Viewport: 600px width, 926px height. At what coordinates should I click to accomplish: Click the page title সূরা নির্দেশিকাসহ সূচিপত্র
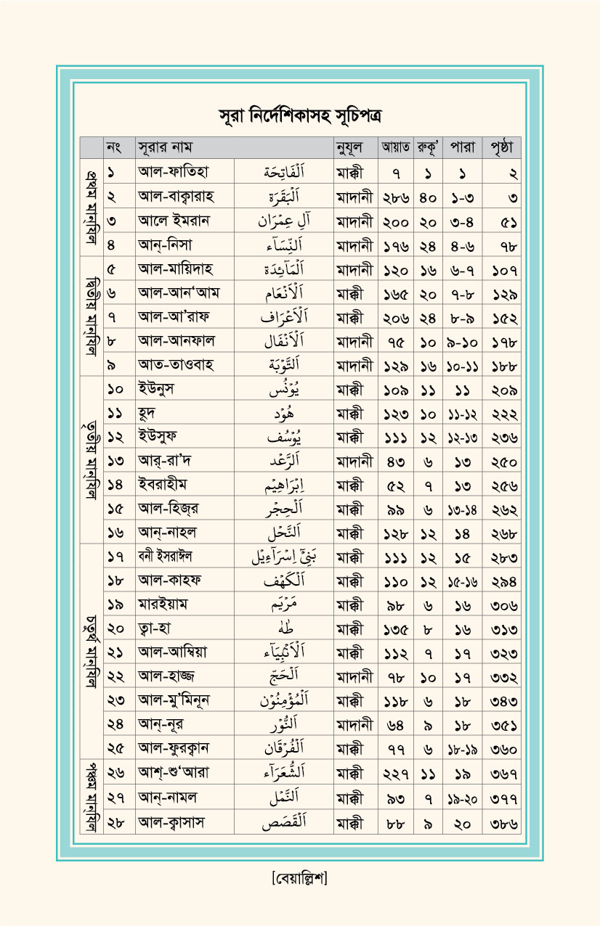pyautogui.click(x=300, y=115)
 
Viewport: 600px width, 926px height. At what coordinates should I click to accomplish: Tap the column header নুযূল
pyautogui.click(x=350, y=147)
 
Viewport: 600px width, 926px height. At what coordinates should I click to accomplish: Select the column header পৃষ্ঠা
pyautogui.click(x=502, y=147)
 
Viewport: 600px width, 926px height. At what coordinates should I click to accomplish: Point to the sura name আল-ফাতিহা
pyautogui.click(x=174, y=173)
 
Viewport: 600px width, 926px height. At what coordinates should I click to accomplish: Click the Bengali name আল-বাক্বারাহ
pyautogui.click(x=181, y=197)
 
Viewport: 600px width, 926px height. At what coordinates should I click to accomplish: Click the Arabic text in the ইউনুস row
pyautogui.click(x=283, y=389)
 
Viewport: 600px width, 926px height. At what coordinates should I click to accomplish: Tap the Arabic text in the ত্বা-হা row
pyautogui.click(x=283, y=628)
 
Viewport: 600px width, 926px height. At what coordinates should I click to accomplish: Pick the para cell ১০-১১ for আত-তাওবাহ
pyautogui.click(x=463, y=365)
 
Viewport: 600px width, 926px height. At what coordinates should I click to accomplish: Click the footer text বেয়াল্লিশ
pyautogui.click(x=299, y=879)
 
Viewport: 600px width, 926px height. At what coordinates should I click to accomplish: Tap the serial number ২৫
pyautogui.click(x=115, y=748)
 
